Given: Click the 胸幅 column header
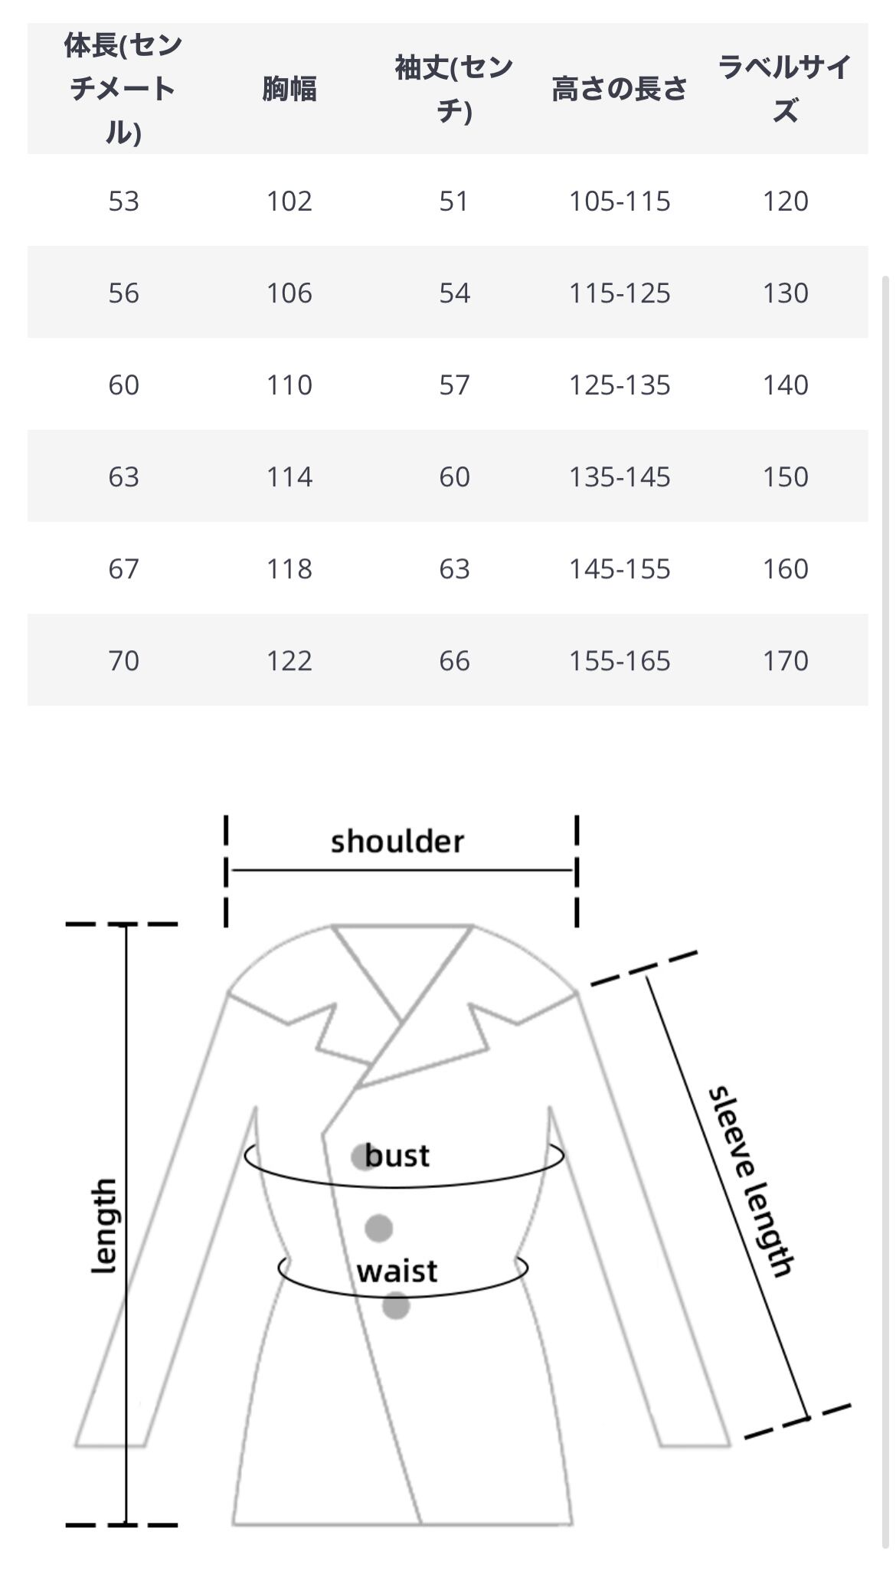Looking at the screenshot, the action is click(289, 89).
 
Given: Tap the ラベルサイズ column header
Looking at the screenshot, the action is click(785, 89).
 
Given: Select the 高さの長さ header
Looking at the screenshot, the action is click(619, 89).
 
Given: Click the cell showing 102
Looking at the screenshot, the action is click(289, 201).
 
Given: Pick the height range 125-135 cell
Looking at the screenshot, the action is click(619, 385).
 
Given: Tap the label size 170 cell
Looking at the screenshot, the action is click(785, 660).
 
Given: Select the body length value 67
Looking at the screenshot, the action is click(123, 568).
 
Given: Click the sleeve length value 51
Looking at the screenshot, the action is click(454, 201).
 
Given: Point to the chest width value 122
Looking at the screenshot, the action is click(289, 660).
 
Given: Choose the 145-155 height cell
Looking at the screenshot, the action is click(619, 568).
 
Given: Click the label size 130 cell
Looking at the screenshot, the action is click(785, 293).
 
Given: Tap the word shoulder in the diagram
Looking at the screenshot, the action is click(397, 841).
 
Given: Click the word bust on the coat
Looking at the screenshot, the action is click(397, 1155).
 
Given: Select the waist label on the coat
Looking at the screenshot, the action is click(397, 1271).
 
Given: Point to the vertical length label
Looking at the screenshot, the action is click(104, 1226).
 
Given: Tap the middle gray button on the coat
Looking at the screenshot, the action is click(378, 1228).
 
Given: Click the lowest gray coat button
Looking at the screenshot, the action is click(396, 1305).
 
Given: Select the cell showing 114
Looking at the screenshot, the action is click(289, 476).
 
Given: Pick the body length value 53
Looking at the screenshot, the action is click(123, 201).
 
